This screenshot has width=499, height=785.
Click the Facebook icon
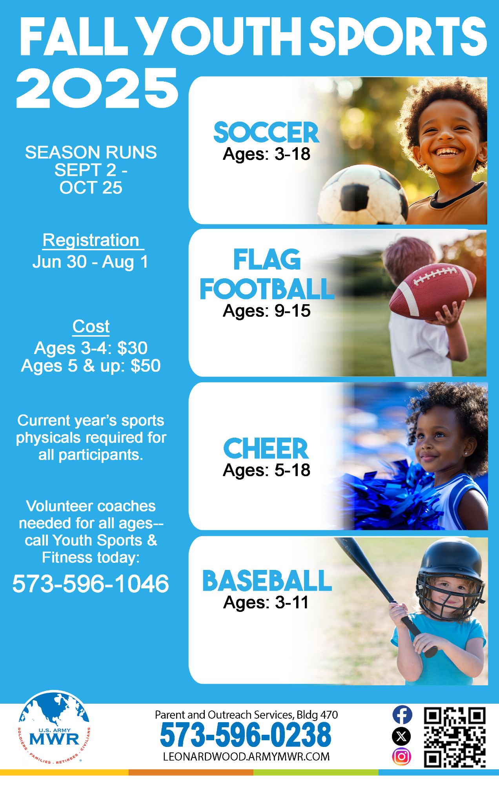click(x=402, y=715)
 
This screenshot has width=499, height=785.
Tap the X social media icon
click(x=402, y=736)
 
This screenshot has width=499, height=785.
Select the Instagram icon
click(x=402, y=756)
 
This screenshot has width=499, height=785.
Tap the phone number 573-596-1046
click(x=91, y=583)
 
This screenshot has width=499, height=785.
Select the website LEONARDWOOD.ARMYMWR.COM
click(x=246, y=757)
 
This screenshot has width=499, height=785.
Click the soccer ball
click(x=363, y=195)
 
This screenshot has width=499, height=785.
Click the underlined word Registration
click(x=91, y=240)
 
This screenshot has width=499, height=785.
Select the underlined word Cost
click(x=91, y=326)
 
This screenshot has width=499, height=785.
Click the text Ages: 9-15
click(x=267, y=311)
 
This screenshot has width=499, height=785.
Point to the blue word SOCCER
click(x=266, y=132)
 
